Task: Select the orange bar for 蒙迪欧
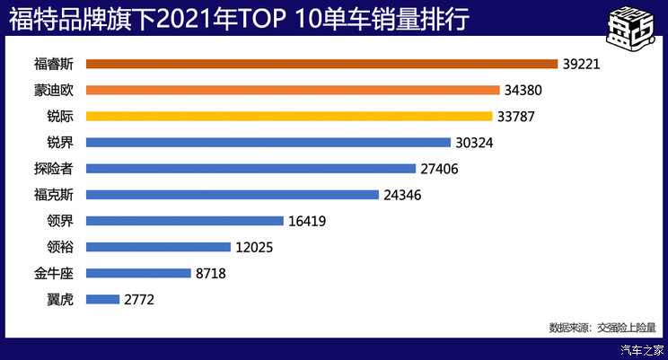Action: tap(293, 90)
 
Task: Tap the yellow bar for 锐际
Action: tap(289, 116)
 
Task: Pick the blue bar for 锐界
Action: tap(268, 142)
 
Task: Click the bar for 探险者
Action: tap(250, 168)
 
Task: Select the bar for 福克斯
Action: tap(232, 194)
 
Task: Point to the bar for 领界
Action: tap(184, 220)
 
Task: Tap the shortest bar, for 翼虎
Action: tap(102, 299)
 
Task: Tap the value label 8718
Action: tap(209, 273)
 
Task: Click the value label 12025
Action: tap(256, 247)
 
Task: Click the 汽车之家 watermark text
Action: tap(642, 350)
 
